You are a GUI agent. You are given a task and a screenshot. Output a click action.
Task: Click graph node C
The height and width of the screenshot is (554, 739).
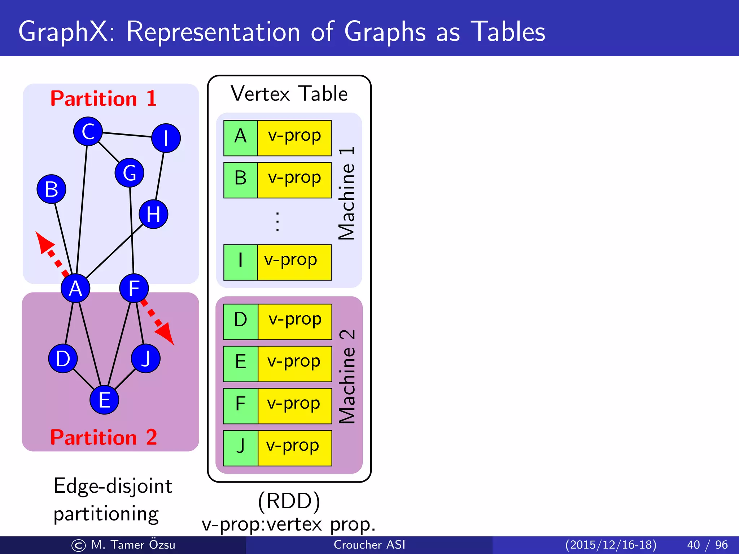pos(88,131)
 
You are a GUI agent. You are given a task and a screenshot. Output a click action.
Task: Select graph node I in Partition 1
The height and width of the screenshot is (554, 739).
pos(166,138)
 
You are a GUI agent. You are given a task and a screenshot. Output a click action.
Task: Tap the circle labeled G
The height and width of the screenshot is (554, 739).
pos(129,173)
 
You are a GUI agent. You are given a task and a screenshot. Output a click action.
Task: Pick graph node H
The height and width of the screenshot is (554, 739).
pos(153,214)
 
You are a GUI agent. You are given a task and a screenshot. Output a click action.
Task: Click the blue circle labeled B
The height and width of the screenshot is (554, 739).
pos(51,189)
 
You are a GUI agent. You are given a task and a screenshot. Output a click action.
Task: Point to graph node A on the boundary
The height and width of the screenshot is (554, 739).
pos(75,288)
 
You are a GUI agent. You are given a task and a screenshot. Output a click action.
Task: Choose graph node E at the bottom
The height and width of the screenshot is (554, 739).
pos(104,400)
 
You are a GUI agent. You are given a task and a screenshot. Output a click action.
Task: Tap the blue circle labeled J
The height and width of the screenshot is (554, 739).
pos(146,358)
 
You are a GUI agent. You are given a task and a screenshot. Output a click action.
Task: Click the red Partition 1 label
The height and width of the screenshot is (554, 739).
pos(104,98)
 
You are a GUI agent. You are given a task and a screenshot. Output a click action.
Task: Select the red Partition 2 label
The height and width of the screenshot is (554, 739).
pos(104,437)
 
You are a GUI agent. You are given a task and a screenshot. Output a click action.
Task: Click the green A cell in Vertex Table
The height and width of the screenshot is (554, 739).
pos(240,138)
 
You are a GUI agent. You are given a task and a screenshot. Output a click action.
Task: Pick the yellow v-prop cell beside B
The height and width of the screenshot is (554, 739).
pos(294,180)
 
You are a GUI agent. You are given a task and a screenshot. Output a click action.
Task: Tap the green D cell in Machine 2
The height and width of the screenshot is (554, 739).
pos(240,322)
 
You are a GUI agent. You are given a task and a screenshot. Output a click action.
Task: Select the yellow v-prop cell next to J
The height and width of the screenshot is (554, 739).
pos(294,448)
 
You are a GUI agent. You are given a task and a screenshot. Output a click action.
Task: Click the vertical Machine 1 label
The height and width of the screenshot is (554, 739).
pos(347,193)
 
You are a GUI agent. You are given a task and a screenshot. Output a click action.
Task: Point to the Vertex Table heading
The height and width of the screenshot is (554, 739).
pos(289,94)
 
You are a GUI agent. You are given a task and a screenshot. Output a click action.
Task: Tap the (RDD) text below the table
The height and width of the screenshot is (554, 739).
pos(289,501)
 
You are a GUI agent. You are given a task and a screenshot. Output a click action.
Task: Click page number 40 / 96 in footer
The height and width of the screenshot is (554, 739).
pos(707,545)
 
